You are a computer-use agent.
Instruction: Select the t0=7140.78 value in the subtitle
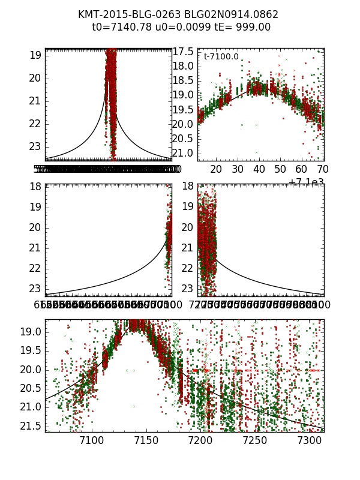tap(119, 27)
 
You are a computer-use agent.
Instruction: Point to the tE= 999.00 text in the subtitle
tap(239, 27)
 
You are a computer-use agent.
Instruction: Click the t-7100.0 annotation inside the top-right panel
tap(221, 57)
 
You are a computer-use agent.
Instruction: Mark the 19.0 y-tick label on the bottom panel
tap(31, 332)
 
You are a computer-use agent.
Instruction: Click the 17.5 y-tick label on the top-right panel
tap(182, 52)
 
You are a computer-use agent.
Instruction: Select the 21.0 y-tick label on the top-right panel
tap(182, 153)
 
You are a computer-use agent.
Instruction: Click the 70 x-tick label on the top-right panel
tap(323, 170)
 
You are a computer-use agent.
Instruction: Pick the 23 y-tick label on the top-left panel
tap(35, 146)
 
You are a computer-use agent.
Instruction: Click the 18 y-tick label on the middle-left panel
tap(35, 187)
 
